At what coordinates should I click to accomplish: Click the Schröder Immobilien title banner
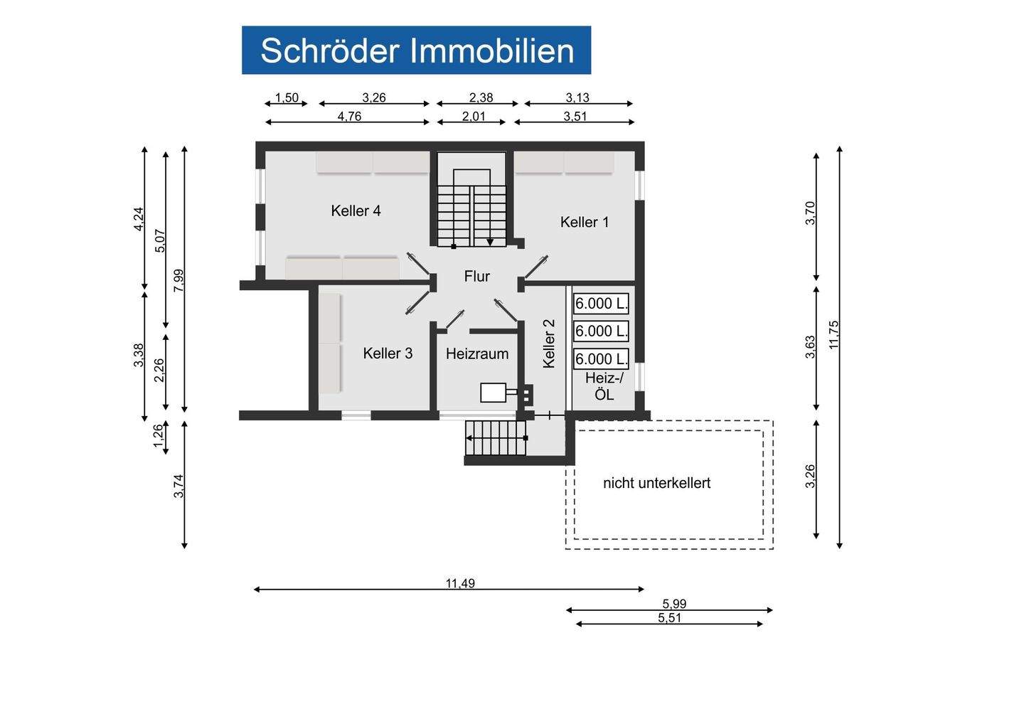pyautogui.click(x=416, y=50)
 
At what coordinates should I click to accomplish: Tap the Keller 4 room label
pyautogui.click(x=356, y=211)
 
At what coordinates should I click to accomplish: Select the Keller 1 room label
pyautogui.click(x=585, y=222)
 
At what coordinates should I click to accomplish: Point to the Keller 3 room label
pyautogui.click(x=388, y=353)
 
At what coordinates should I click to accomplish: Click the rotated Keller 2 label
pyautogui.click(x=548, y=343)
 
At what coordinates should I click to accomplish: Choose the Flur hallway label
pyautogui.click(x=476, y=277)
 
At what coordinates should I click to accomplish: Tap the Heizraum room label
pyautogui.click(x=477, y=353)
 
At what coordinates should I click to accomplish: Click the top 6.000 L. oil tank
pyautogui.click(x=601, y=304)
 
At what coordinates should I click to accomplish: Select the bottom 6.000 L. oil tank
pyautogui.click(x=601, y=358)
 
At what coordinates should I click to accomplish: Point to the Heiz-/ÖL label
pyautogui.click(x=604, y=386)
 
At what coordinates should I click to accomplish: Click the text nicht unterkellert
pyautogui.click(x=656, y=484)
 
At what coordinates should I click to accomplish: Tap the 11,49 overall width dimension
pyautogui.click(x=460, y=583)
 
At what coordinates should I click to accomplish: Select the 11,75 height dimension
pyautogui.click(x=833, y=334)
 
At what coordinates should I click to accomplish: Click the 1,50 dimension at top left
pyautogui.click(x=287, y=98)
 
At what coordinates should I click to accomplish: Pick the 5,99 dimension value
pyautogui.click(x=673, y=604)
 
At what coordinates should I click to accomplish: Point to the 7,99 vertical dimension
pyautogui.click(x=178, y=280)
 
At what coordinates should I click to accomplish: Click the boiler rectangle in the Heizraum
pyautogui.click(x=494, y=393)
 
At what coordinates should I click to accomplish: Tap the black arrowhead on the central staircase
pyautogui.click(x=490, y=243)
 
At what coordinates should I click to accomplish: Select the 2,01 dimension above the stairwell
pyautogui.click(x=474, y=116)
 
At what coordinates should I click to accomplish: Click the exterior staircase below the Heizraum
pyautogui.click(x=496, y=438)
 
